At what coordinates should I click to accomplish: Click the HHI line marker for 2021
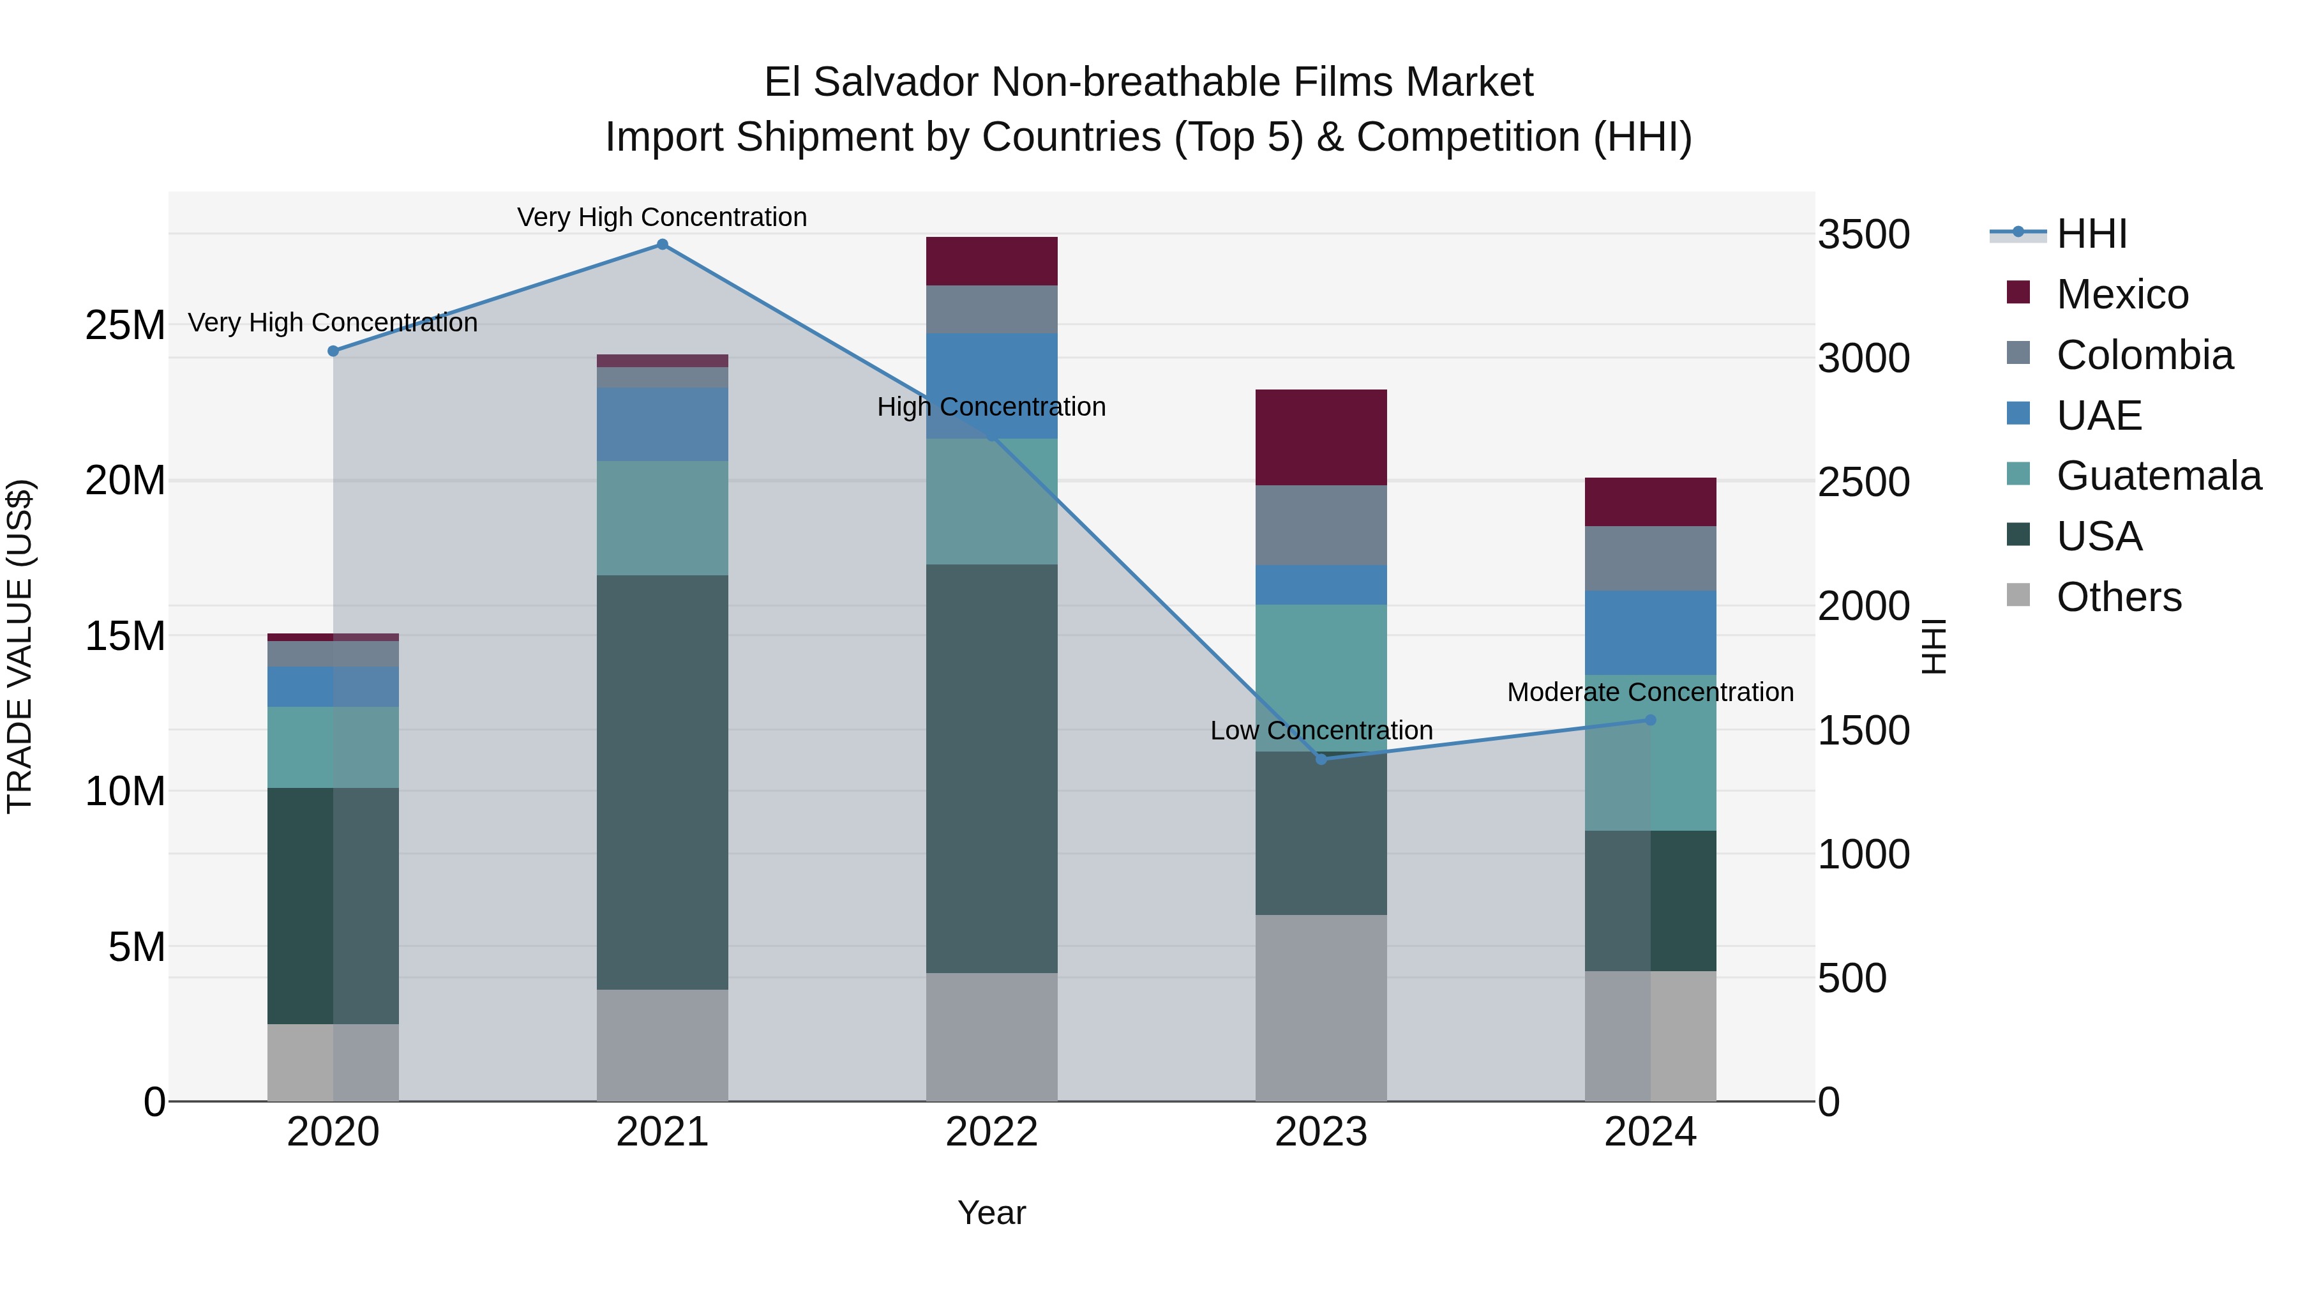click(x=662, y=245)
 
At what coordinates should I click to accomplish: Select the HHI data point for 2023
click(x=1321, y=759)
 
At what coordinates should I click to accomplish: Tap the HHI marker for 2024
click(x=1650, y=720)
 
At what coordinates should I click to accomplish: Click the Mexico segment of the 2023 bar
click(x=1321, y=437)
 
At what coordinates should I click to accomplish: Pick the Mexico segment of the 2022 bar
click(x=991, y=261)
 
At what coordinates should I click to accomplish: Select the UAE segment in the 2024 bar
click(x=1650, y=633)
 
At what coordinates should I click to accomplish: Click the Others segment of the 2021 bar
click(x=662, y=1045)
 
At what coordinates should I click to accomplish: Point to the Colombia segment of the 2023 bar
click(x=1321, y=525)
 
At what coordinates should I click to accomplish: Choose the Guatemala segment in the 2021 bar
click(x=662, y=518)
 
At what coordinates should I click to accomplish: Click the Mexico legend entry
click(x=2121, y=294)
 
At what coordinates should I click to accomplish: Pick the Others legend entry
click(x=2118, y=597)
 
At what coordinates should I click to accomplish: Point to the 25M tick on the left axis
click(x=125, y=326)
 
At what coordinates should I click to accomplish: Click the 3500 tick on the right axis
click(x=1863, y=235)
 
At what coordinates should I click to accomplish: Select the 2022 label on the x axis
click(x=991, y=1132)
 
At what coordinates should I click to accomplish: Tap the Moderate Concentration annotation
click(x=1650, y=692)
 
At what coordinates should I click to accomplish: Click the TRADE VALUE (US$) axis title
click(x=20, y=646)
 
